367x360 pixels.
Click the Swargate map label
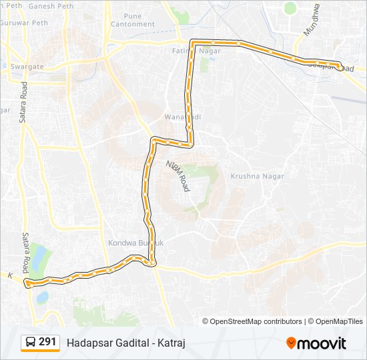(27, 67)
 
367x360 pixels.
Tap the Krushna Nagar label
(257, 176)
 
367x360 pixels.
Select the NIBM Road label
(178, 175)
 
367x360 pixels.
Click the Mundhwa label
(312, 21)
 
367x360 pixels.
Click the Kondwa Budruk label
(136, 243)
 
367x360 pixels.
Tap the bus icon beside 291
(31, 343)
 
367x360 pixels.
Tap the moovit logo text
(322, 343)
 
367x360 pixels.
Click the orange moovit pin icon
(291, 343)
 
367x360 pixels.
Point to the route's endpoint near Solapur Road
(340, 67)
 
